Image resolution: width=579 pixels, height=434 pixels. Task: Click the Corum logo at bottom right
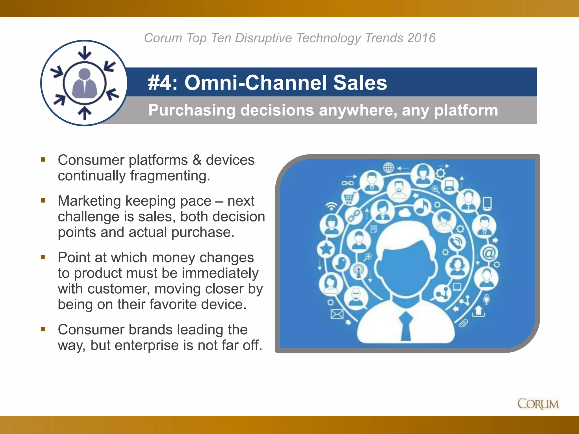538,404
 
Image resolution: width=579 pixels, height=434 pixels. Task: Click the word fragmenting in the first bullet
170,176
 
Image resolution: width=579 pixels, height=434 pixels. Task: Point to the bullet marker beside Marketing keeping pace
43,201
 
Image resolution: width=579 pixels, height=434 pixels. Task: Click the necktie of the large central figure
406,326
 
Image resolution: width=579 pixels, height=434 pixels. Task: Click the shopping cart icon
348,198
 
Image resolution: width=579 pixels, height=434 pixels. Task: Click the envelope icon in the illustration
337,314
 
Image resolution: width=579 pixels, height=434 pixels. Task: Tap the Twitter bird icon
341,263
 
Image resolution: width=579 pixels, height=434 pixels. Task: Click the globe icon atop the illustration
388,168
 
